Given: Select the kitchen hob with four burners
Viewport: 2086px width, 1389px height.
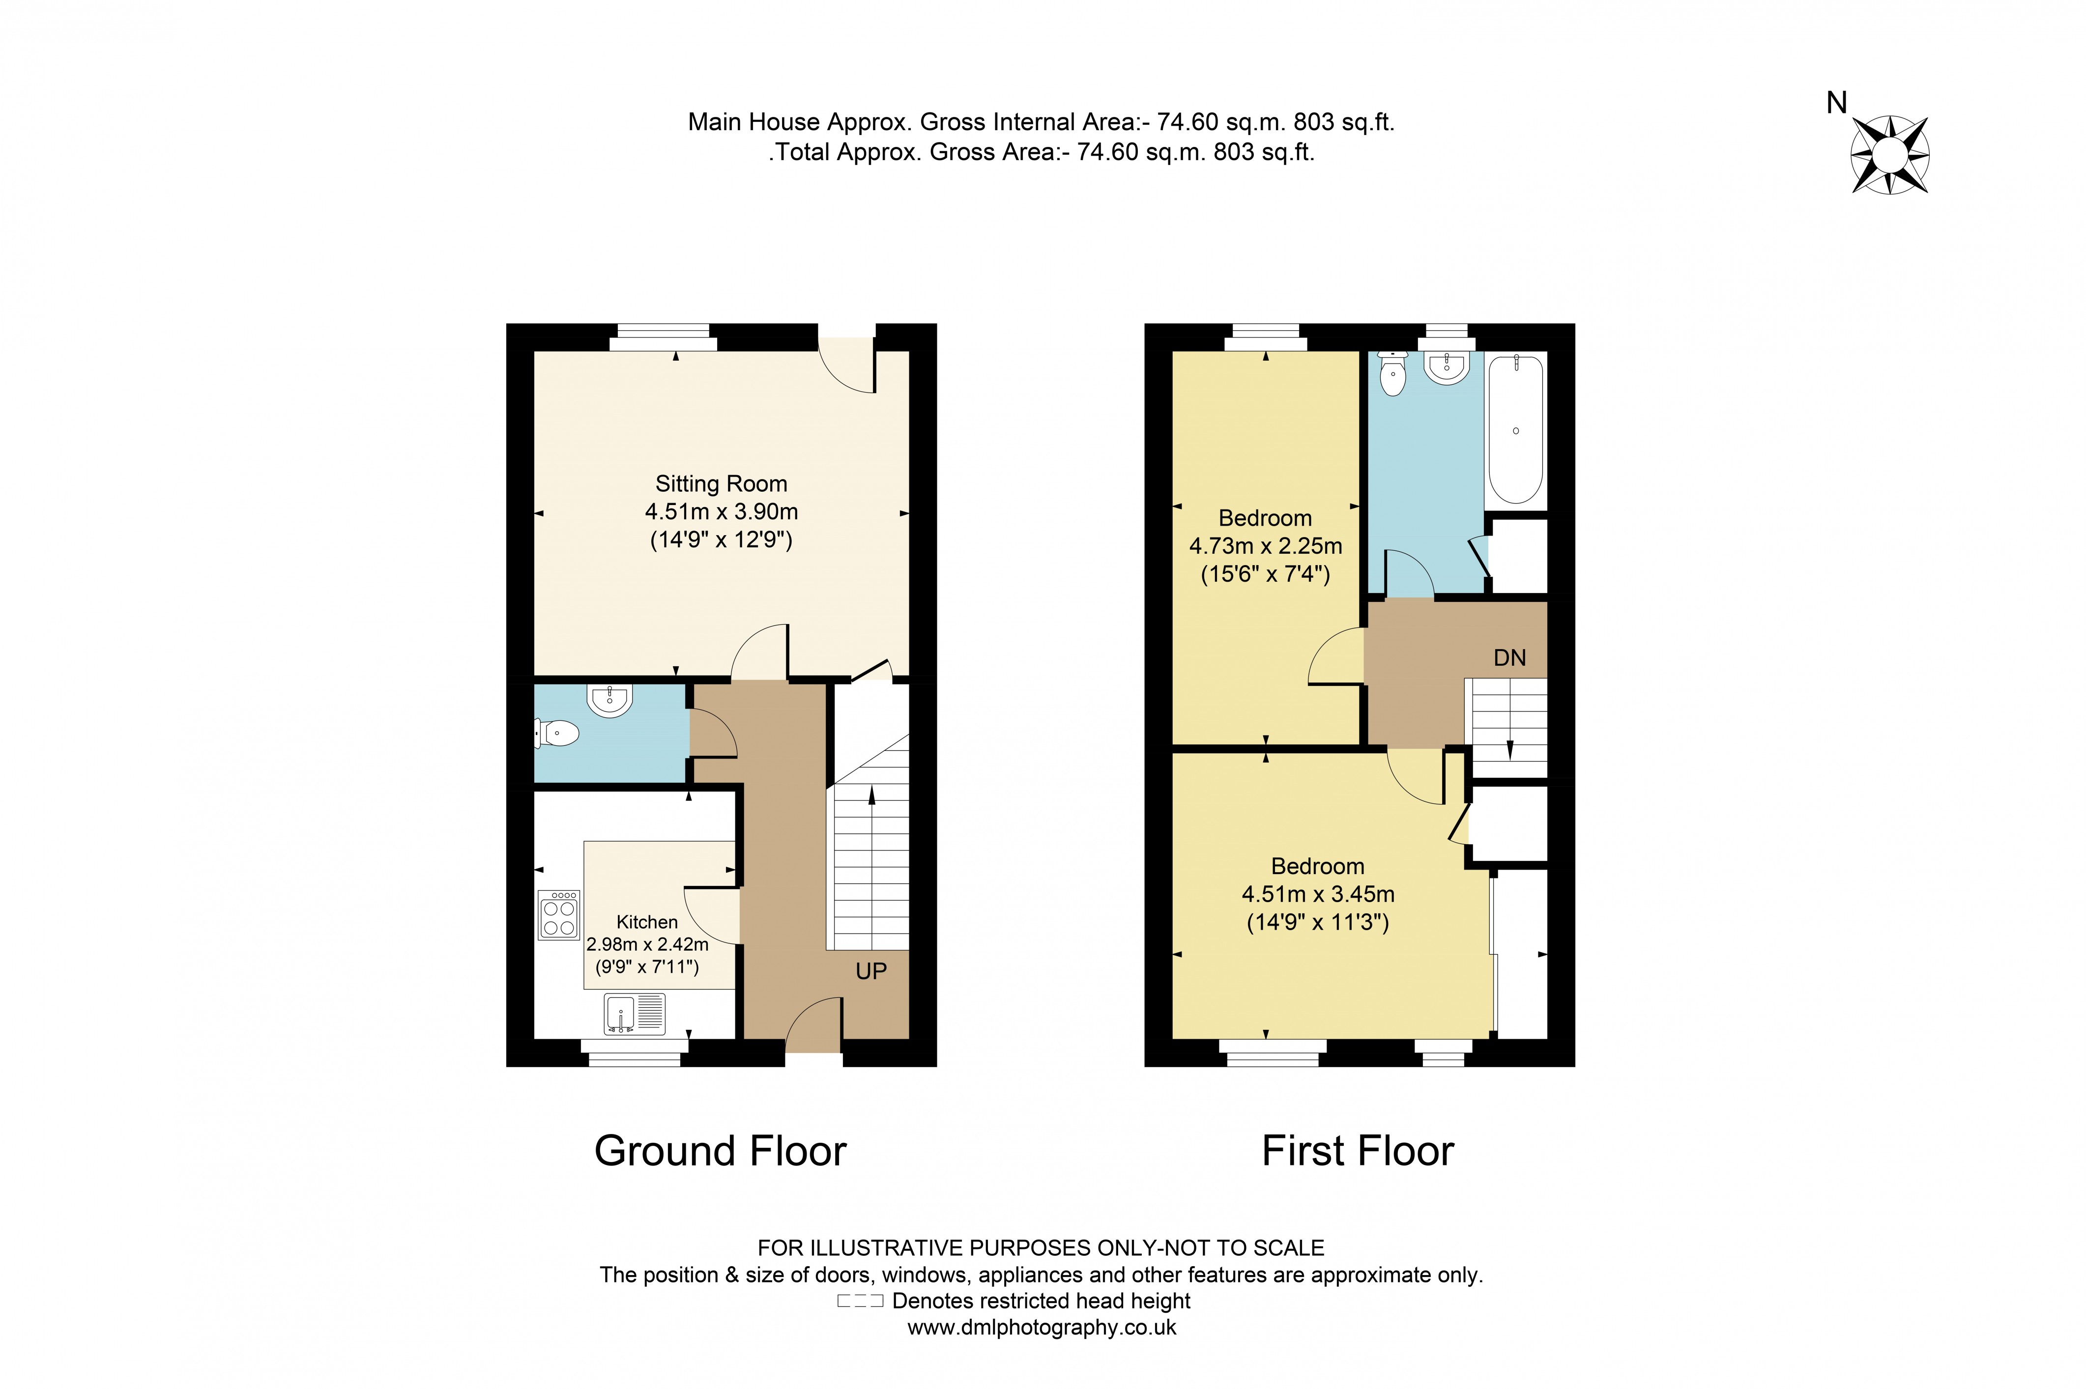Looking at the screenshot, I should click(x=558, y=915).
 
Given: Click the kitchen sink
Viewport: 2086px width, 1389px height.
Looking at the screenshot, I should click(x=635, y=1014).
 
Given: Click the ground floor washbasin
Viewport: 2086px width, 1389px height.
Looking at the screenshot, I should click(x=609, y=700).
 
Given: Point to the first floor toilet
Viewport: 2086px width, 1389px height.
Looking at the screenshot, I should click(x=1393, y=374).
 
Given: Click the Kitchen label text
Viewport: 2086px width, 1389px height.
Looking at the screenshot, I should click(x=647, y=922).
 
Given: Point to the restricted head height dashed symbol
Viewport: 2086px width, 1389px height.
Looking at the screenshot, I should click(x=860, y=1302).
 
